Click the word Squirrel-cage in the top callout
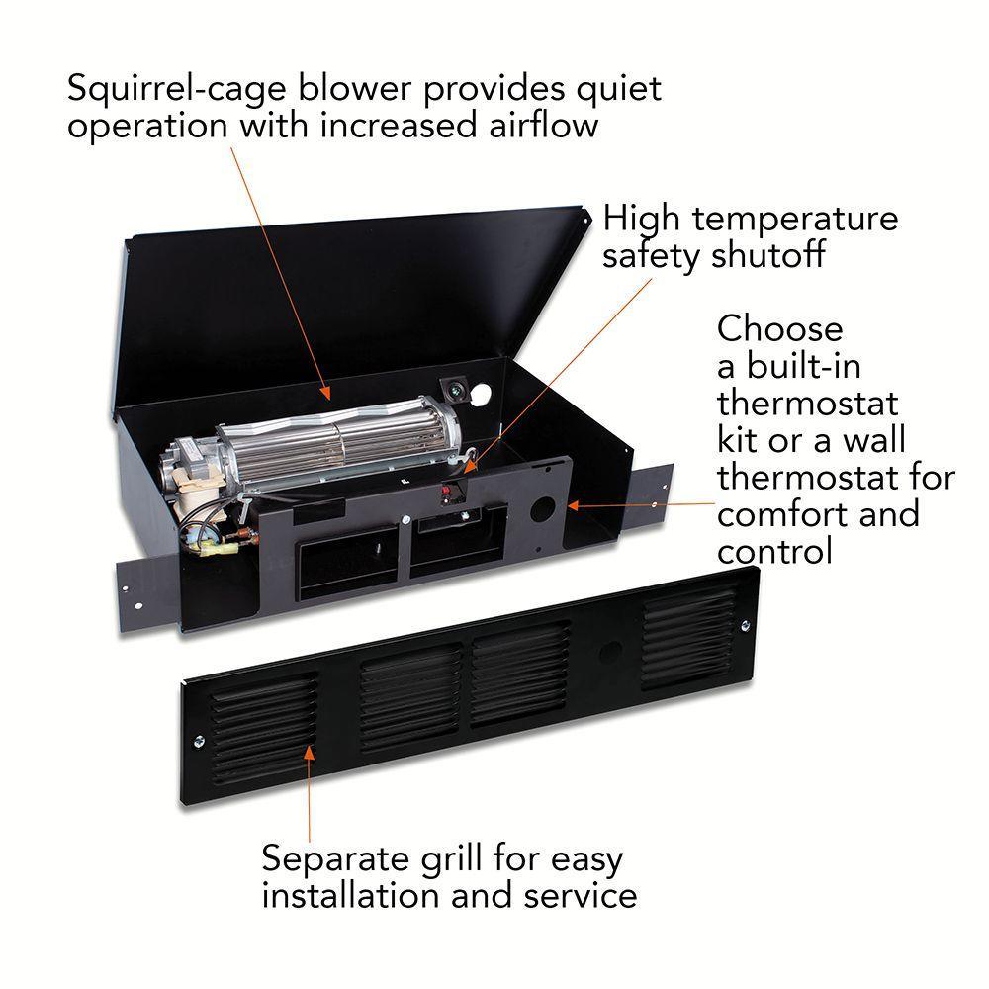pos(177,88)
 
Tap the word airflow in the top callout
pos(544,125)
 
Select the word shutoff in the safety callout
pos(767,255)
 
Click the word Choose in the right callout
pos(779,329)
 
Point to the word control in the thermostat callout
pos(774,551)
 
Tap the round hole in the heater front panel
pos(542,509)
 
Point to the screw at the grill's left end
pos(199,741)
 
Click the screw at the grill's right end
pos(745,626)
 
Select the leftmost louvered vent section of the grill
pos(264,729)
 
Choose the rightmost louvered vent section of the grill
pos(690,636)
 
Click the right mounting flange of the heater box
pos(650,502)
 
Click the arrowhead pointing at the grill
pos(309,754)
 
